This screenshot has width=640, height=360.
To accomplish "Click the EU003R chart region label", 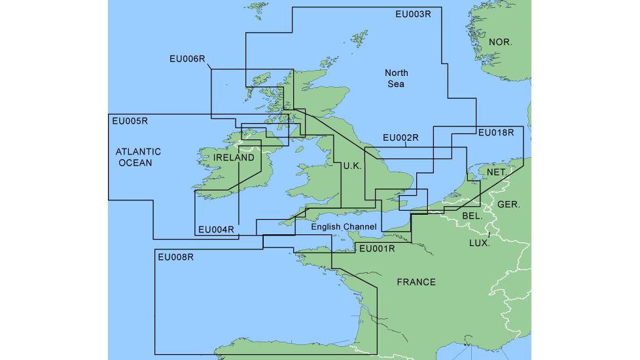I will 414,14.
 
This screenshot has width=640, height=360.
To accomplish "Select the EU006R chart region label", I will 187,59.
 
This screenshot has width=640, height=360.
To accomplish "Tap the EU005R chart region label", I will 130,120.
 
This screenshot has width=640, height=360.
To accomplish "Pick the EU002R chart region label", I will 400,138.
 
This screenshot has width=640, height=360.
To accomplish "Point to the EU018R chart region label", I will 496,133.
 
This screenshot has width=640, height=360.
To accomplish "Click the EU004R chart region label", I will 215,230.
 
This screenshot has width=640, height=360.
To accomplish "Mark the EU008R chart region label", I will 176,257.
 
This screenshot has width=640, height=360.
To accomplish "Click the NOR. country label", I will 501,43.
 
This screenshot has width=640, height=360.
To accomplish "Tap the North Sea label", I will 396,79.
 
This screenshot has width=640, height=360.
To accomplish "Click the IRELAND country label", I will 234,158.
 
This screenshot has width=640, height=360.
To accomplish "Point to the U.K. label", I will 352,166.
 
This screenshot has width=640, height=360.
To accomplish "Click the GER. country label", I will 509,204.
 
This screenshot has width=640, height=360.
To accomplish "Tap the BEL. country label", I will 472,215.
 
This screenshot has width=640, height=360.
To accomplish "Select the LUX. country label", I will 480,243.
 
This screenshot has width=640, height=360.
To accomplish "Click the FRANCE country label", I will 416,282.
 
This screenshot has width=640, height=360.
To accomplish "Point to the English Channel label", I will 344,227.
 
